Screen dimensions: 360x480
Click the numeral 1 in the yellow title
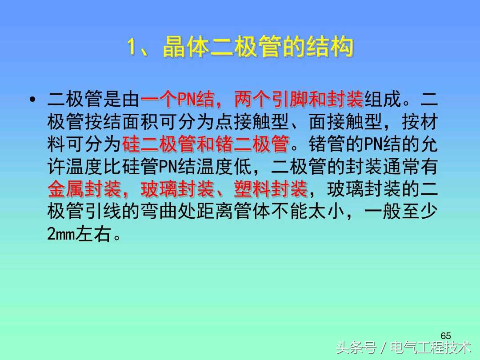(x=132, y=48)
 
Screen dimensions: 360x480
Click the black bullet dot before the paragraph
(x=32, y=100)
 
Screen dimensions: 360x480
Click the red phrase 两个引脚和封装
(x=299, y=100)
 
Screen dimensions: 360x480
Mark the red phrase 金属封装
(x=84, y=189)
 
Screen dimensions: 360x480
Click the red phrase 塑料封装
(x=271, y=189)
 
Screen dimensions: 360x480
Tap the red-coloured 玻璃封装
(x=177, y=189)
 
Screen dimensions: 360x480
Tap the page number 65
(x=446, y=335)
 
